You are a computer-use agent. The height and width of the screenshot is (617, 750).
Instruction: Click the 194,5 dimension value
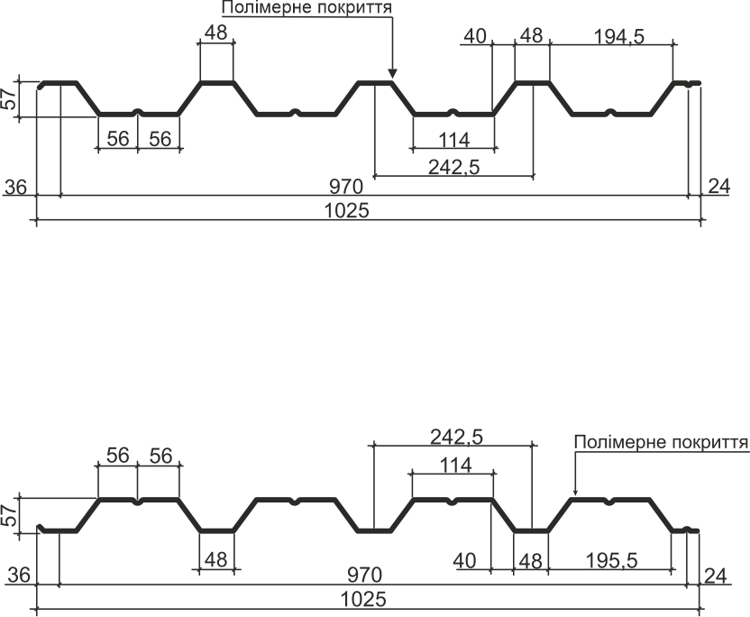[x=619, y=36]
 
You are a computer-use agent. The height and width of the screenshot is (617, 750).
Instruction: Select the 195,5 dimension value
[x=612, y=560]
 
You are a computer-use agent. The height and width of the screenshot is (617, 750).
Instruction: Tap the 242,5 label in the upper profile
[x=454, y=167]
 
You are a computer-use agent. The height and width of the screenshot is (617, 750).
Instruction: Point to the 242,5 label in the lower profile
[x=457, y=437]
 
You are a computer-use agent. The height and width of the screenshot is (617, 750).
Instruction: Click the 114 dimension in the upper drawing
[x=454, y=140]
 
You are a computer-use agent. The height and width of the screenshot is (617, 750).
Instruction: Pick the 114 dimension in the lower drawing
[x=456, y=465]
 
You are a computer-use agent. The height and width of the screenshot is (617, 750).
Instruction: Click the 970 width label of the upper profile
[x=346, y=186]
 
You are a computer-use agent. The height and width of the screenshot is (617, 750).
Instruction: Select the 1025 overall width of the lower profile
[x=363, y=599]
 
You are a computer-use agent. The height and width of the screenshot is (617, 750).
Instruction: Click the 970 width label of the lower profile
[x=365, y=575]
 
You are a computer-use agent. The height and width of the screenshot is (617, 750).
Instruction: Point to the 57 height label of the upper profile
[x=10, y=99]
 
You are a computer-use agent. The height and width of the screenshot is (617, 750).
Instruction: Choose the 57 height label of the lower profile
[x=10, y=516]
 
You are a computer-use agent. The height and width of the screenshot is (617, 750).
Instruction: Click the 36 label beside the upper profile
[x=16, y=187]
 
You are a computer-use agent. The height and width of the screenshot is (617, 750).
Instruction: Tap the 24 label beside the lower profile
[x=716, y=576]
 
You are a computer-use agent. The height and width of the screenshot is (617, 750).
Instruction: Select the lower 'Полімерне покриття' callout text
[x=662, y=442]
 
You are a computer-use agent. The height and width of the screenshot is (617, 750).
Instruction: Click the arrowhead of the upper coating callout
[x=392, y=73]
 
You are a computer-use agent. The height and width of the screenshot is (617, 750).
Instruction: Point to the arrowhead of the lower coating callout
[x=575, y=491]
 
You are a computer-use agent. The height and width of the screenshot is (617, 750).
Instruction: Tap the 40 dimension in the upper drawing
[x=475, y=36]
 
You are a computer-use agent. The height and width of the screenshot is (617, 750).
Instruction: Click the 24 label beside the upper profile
[x=719, y=186]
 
